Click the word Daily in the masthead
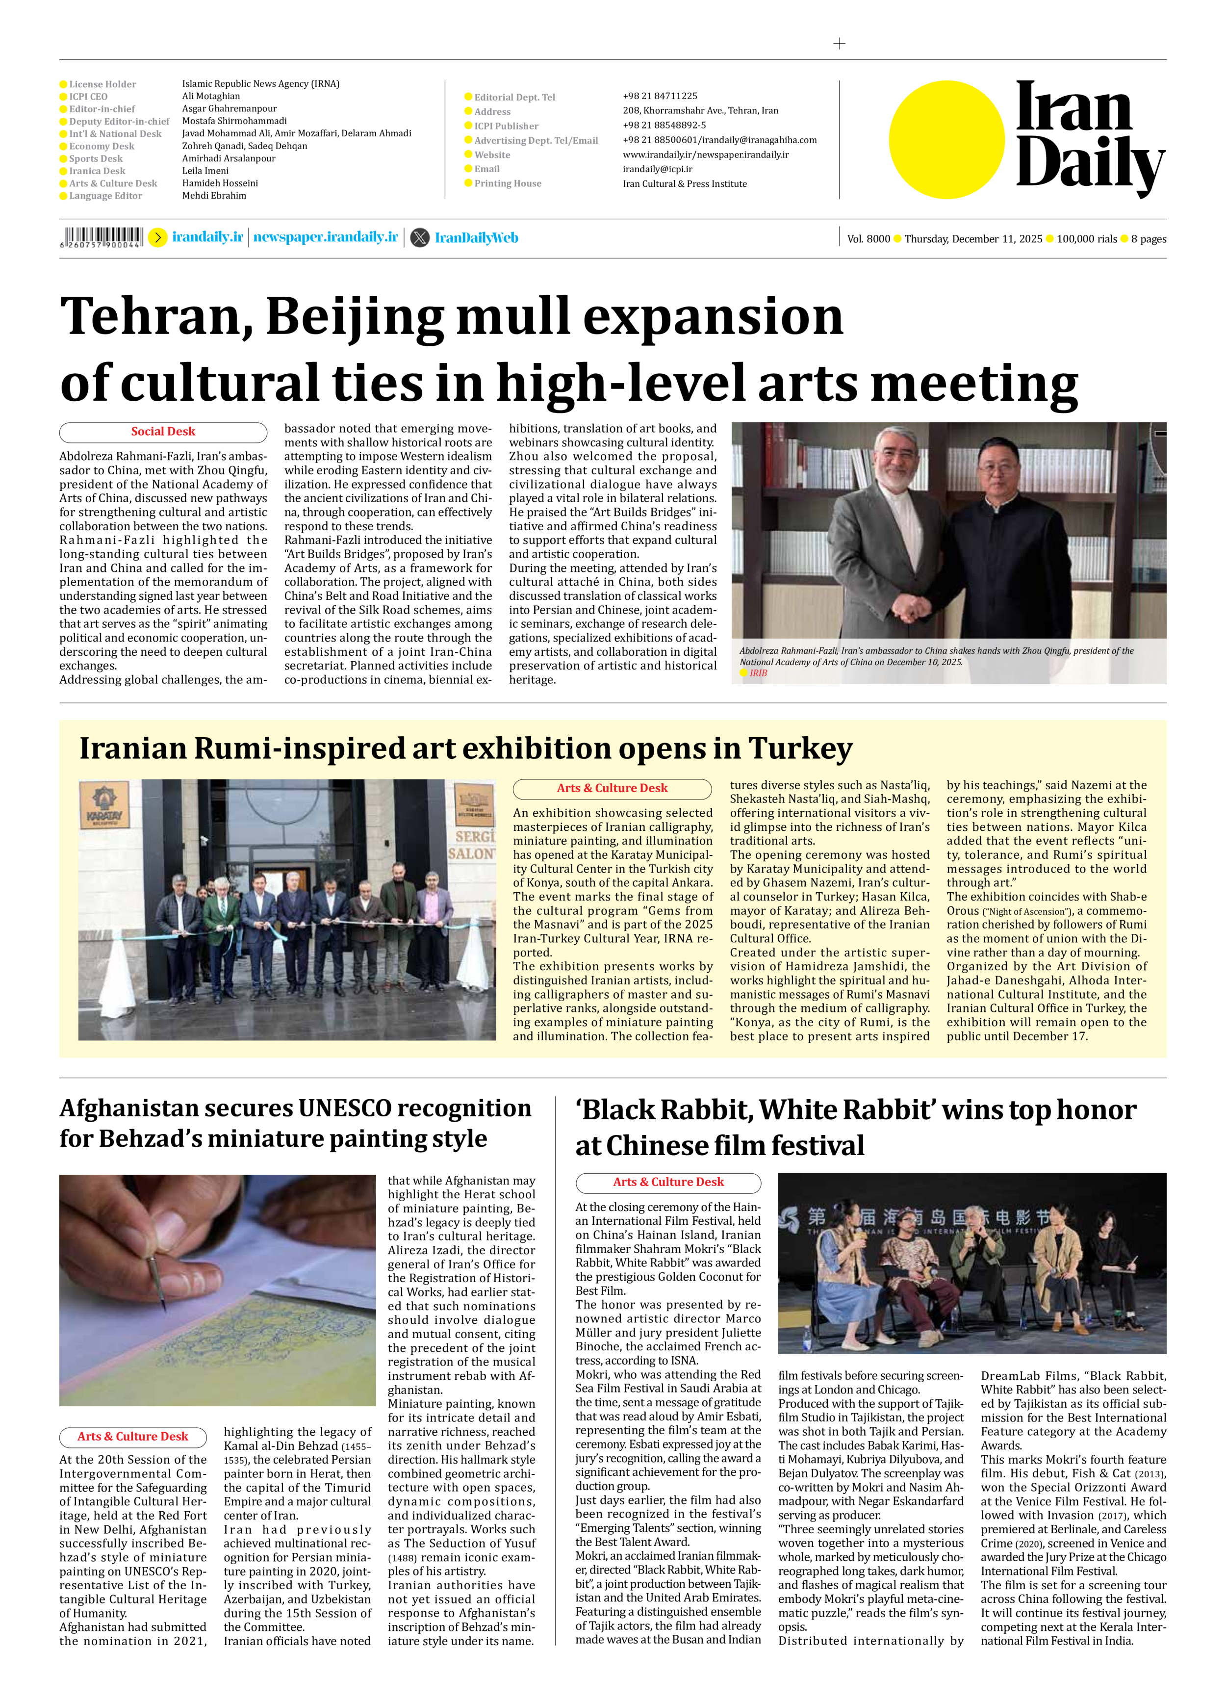point(1089,164)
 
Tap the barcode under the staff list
point(101,237)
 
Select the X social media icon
point(420,238)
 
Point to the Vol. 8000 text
point(868,239)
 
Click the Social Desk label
point(163,432)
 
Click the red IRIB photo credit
point(758,673)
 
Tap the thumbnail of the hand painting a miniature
point(217,1289)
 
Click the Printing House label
point(507,184)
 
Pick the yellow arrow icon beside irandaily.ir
point(157,238)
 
